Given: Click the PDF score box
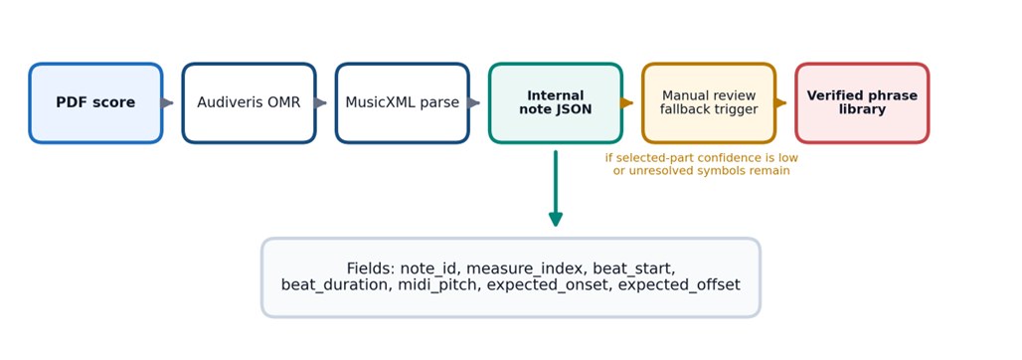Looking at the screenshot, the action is [x=95, y=103].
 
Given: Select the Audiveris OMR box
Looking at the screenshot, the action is [x=249, y=103].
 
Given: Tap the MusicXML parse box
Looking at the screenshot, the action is [x=403, y=103].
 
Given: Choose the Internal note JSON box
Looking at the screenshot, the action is [x=556, y=103].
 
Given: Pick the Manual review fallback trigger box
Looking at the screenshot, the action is [x=709, y=103].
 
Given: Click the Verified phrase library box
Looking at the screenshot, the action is [x=862, y=103].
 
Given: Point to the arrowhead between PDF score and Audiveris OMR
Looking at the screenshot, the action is [x=167, y=103].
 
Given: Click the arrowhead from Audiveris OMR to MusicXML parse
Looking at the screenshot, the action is [x=321, y=103].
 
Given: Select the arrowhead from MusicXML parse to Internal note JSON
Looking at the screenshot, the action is [x=474, y=103].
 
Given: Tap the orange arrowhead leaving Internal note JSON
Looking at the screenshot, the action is [x=627, y=103].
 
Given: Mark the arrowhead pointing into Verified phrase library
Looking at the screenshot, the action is [x=780, y=103].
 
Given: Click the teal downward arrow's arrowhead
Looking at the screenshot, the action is [x=556, y=219].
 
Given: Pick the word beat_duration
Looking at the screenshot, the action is [x=335, y=285].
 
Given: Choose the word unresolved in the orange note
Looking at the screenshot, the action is [x=659, y=171].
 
